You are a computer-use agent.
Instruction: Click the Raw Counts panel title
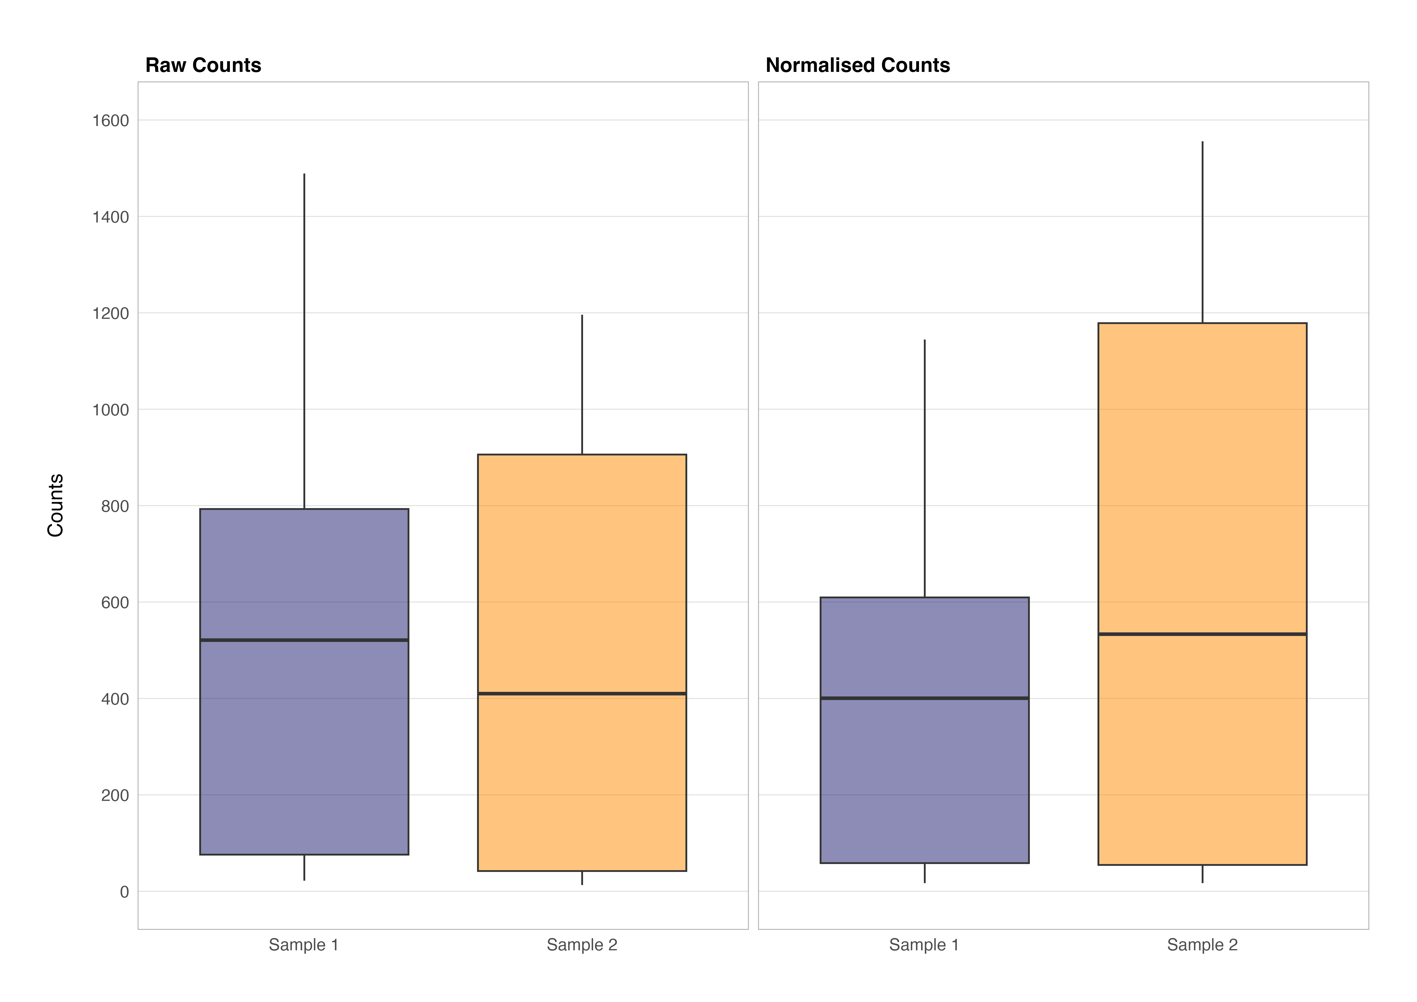click(203, 65)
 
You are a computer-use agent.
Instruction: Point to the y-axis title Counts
click(56, 505)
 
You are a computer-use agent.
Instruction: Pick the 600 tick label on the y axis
click(115, 603)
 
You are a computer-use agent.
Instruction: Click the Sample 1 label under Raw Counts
click(304, 945)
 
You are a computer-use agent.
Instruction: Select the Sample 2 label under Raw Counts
click(582, 945)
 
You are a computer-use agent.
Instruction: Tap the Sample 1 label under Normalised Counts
click(924, 945)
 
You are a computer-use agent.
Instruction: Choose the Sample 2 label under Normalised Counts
click(1202, 945)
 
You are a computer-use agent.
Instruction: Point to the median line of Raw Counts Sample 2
click(582, 693)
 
